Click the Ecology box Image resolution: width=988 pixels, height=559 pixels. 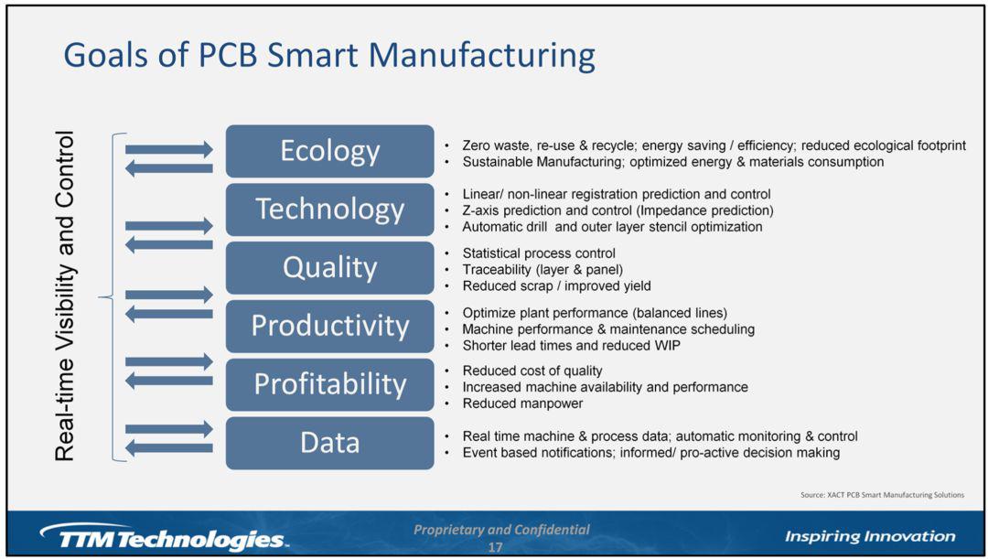(x=329, y=151)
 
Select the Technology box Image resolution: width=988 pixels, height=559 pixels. (x=329, y=210)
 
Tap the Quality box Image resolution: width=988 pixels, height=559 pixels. (x=329, y=268)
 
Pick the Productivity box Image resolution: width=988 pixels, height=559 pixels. (x=329, y=327)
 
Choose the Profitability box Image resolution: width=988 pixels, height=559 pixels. (x=329, y=384)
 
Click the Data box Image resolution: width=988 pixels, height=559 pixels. (x=329, y=443)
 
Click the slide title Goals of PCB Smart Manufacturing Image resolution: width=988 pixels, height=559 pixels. (x=329, y=56)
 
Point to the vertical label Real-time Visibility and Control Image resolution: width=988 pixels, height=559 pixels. (x=65, y=296)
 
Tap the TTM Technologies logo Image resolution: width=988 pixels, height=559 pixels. (x=163, y=538)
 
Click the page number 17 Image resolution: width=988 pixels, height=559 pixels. (x=495, y=547)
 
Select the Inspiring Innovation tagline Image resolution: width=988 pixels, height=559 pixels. (x=870, y=536)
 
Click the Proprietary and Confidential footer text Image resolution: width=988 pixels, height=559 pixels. (x=501, y=530)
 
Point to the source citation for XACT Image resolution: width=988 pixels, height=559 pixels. (x=882, y=495)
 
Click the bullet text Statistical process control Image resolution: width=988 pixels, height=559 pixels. (x=539, y=253)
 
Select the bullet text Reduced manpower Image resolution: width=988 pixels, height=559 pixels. (x=522, y=403)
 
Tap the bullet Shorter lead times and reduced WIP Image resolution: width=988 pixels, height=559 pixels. (x=571, y=345)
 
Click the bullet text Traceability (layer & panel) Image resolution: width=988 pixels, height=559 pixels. (x=542, y=270)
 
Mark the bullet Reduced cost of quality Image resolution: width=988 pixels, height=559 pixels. (x=532, y=371)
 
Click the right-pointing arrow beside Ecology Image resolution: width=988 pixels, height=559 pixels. (x=169, y=150)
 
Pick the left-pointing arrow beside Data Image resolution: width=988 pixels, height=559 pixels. (x=169, y=448)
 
